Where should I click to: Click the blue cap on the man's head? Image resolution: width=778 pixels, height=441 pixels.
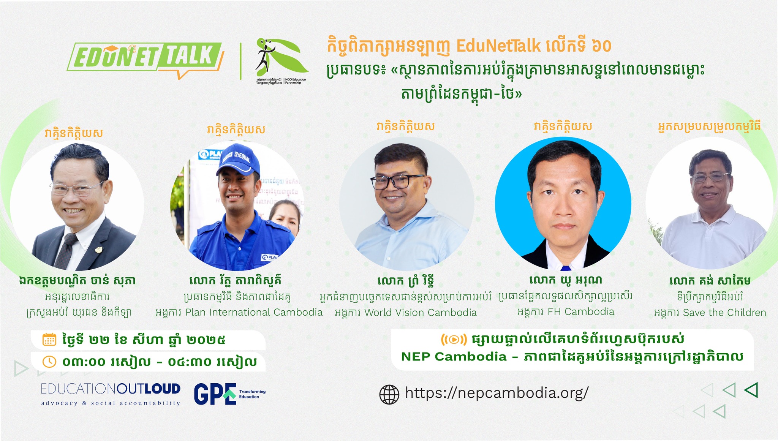pyautogui.click(x=238, y=160)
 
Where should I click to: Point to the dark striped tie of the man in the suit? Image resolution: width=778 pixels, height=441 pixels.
pyautogui.click(x=65, y=250)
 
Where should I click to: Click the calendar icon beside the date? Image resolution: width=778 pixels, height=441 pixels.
pyautogui.click(x=49, y=339)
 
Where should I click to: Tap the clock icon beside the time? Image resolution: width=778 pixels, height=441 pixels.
pyautogui.click(x=49, y=362)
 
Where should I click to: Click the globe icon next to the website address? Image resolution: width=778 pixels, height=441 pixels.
pyautogui.click(x=389, y=394)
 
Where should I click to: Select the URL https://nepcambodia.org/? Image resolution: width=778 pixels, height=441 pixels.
pyautogui.click(x=497, y=393)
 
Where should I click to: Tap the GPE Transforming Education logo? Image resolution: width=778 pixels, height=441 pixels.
pyautogui.click(x=229, y=394)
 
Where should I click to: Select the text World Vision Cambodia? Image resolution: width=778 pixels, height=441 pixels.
pyautogui.click(x=420, y=313)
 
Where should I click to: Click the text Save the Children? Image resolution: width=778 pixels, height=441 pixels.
pyautogui.click(x=724, y=313)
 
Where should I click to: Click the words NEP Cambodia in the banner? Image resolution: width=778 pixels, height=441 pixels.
pyautogui.click(x=454, y=357)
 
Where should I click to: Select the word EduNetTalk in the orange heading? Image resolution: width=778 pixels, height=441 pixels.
pyautogui.click(x=498, y=46)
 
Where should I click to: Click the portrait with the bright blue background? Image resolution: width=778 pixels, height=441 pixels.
pyautogui.click(x=563, y=203)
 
